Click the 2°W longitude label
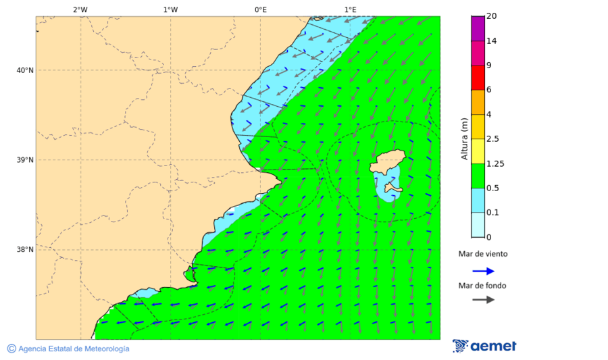80,9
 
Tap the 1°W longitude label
170,9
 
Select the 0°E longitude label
260,9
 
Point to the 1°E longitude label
350,9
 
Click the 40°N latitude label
25,70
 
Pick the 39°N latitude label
25,160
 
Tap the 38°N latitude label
25,250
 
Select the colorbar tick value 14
491,41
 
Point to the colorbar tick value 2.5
493,139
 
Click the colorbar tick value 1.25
495,163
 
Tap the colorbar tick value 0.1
493,213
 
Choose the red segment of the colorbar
478,78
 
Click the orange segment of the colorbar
478,102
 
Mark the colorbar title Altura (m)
464,139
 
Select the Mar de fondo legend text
482,286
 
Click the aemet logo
484,346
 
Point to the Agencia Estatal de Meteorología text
73,349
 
